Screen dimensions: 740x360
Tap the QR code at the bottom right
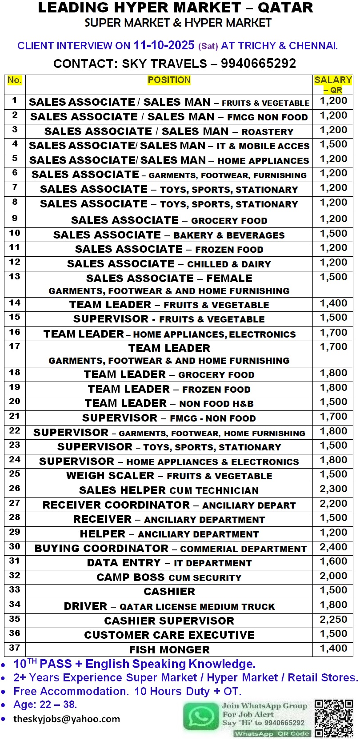[333, 718]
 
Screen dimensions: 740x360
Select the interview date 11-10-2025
[164, 45]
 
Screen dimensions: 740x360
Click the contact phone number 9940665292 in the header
[258, 64]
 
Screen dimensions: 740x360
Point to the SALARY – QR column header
[333, 84]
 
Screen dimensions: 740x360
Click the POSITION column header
[169, 80]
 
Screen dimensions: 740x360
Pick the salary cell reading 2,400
[333, 547]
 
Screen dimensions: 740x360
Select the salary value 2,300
[333, 489]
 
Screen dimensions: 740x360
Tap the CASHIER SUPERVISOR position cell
[169, 621]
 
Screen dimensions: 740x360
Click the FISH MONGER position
[169, 649]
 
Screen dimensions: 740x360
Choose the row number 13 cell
[15, 277]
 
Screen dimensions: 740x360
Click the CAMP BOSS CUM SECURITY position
[169, 577]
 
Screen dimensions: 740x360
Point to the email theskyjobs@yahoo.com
[67, 719]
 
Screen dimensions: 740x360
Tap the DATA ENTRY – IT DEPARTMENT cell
[169, 563]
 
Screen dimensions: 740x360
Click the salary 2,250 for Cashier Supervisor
[333, 620]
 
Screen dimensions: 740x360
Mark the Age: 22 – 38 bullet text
[45, 704]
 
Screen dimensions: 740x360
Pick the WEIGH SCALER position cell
[169, 476]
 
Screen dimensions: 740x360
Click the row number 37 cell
[15, 648]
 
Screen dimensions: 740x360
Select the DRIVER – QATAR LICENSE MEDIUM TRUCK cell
[169, 606]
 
